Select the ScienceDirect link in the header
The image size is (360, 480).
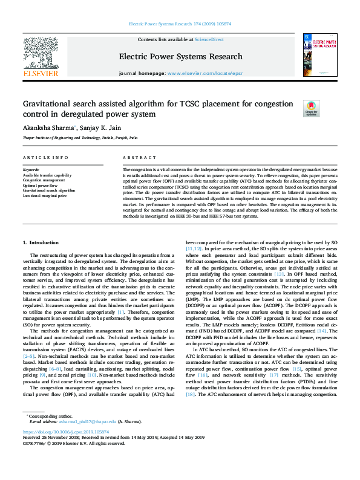pos(209,39)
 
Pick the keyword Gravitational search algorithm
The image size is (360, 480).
pos(49,190)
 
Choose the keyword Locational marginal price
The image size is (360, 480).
pos(45,195)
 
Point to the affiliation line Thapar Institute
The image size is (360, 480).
pos(80,138)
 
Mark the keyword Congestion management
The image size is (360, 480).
pos(44,180)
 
